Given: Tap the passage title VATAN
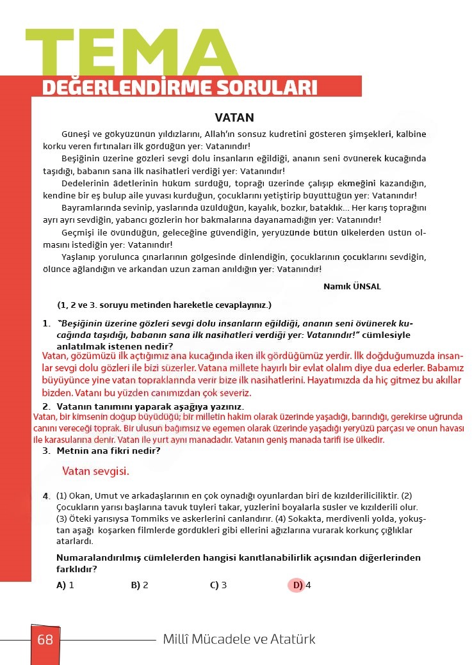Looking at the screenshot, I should pos(234,118).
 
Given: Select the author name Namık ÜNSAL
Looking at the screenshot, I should pos(352,286).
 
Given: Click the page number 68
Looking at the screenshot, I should pos(45,639).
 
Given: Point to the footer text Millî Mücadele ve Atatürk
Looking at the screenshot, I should pos(239,639).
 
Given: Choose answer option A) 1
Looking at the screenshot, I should pos(65,585).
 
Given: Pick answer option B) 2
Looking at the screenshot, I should pos(140,585).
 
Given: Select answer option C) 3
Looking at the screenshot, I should pos(218,585).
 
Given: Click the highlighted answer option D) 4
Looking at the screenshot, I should pos(301,585).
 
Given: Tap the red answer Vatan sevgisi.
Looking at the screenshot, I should pos(95,472).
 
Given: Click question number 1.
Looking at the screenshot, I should pos(46,323).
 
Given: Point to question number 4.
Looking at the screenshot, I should pos(46,496).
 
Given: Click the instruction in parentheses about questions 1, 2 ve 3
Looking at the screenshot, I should pos(164,305).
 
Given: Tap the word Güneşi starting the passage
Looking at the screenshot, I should pos(76,134).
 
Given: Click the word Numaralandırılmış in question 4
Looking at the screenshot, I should pos(96,558).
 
